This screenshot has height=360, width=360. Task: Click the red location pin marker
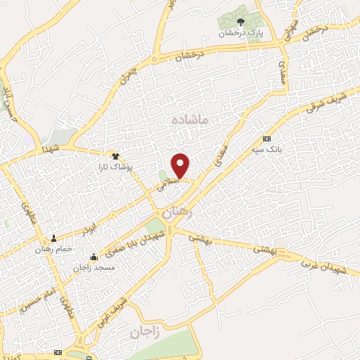[x=181, y=165]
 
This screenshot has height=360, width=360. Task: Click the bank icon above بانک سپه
[x=266, y=139]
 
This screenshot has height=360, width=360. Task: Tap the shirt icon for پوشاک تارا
[x=116, y=156]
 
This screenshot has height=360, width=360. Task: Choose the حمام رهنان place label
[x=53, y=248]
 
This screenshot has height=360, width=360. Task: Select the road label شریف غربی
[x=116, y=307]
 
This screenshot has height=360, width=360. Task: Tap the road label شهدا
[x=50, y=149]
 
